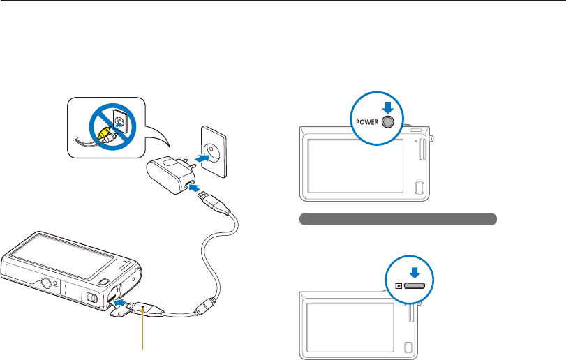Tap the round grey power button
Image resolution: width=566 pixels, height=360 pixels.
pyautogui.click(x=389, y=121)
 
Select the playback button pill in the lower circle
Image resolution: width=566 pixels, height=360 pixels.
pyautogui.click(x=415, y=285)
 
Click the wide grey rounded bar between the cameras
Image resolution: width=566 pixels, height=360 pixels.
pyautogui.click(x=397, y=219)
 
